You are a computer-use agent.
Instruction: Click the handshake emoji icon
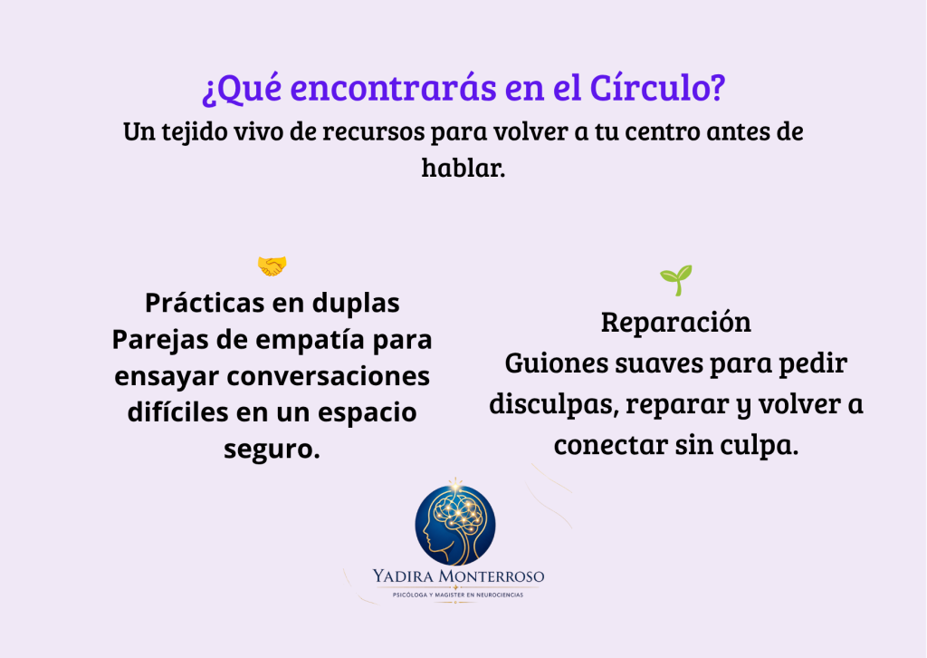[272, 266]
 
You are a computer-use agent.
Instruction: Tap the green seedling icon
[675, 280]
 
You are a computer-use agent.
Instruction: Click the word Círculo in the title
[657, 88]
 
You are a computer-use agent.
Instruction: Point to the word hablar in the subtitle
[463, 168]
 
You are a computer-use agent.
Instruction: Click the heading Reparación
[675, 323]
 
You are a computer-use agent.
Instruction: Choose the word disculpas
[553, 404]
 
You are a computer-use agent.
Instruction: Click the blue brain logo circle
[455, 525]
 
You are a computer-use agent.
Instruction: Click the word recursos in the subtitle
[374, 132]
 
